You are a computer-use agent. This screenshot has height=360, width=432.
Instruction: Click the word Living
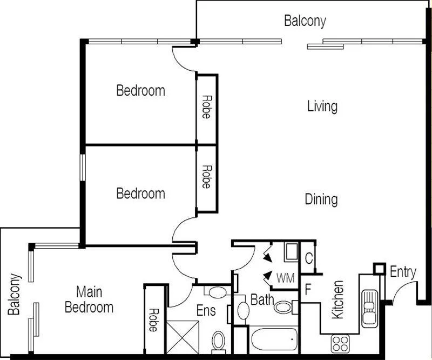[322, 106]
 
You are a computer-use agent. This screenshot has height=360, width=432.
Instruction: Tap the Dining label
[321, 199]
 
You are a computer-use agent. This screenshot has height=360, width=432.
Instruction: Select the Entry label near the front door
[403, 272]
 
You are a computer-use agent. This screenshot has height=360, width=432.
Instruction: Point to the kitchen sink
[371, 308]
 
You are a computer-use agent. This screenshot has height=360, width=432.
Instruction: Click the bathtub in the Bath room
[274, 339]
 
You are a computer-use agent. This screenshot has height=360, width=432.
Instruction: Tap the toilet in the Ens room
[219, 341]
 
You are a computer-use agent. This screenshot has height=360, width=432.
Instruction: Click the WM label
[286, 279]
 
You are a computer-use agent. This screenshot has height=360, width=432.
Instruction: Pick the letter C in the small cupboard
[308, 259]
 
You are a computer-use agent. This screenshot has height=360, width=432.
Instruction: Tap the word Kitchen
[337, 299]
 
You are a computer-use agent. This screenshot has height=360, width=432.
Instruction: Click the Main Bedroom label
[89, 300]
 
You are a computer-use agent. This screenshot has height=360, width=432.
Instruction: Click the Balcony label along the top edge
[305, 22]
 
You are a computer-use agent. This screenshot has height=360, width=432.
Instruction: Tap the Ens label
[206, 311]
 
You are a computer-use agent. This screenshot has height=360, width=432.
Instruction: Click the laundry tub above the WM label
[291, 252]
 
